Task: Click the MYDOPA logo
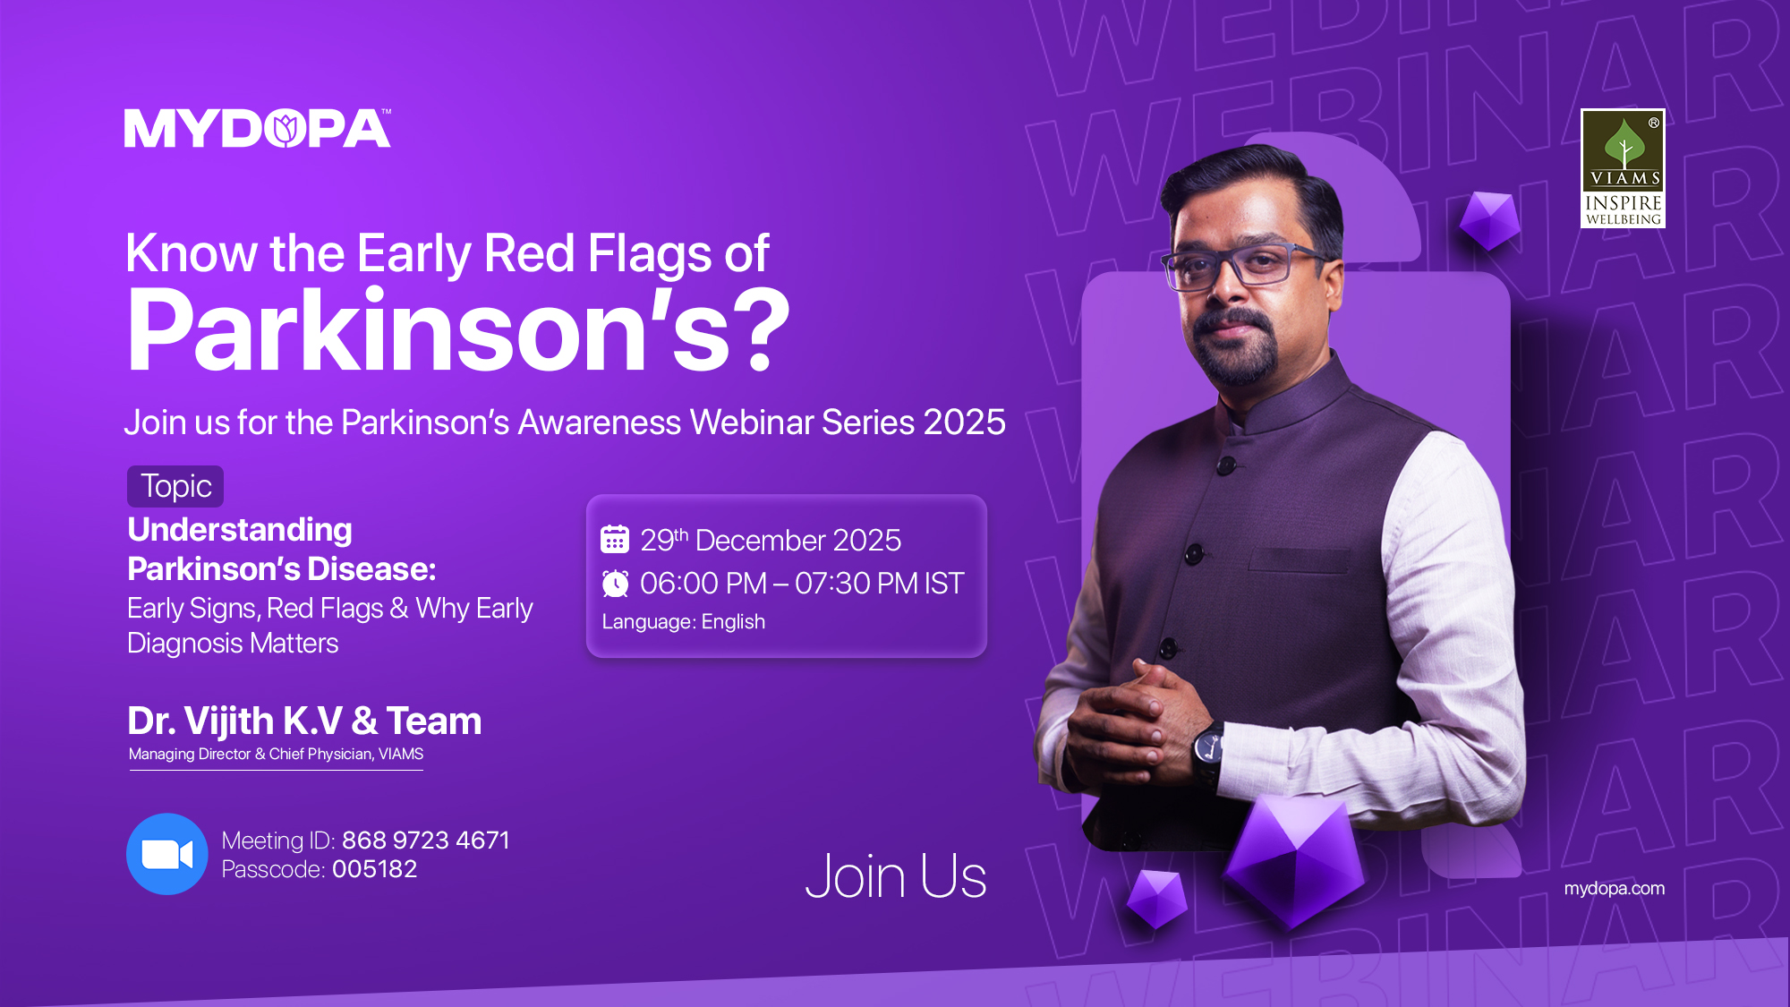point(258,129)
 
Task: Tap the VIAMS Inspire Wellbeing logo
point(1622,168)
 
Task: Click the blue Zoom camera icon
point(167,854)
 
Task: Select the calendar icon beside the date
point(615,540)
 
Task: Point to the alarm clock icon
point(615,584)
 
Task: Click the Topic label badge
point(175,486)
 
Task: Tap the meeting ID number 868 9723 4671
point(425,840)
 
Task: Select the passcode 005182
point(374,869)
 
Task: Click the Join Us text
point(895,875)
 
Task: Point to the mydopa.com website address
point(1614,888)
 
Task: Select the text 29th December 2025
point(770,540)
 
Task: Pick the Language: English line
point(683,621)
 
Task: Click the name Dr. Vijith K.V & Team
point(304,721)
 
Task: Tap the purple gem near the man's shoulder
point(1489,219)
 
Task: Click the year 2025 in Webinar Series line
point(964,422)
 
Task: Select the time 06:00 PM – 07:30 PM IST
point(801,584)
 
